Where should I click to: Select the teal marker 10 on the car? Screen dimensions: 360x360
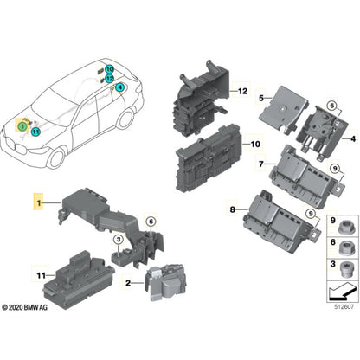[110, 67]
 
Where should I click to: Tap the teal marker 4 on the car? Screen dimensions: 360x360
[119, 87]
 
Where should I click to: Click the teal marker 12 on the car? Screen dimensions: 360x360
[110, 77]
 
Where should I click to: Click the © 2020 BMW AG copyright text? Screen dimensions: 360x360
[32, 307]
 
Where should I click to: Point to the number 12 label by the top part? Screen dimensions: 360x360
[243, 91]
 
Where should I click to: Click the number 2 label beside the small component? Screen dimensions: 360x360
[127, 283]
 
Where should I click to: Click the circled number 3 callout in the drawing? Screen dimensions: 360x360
[118, 240]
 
